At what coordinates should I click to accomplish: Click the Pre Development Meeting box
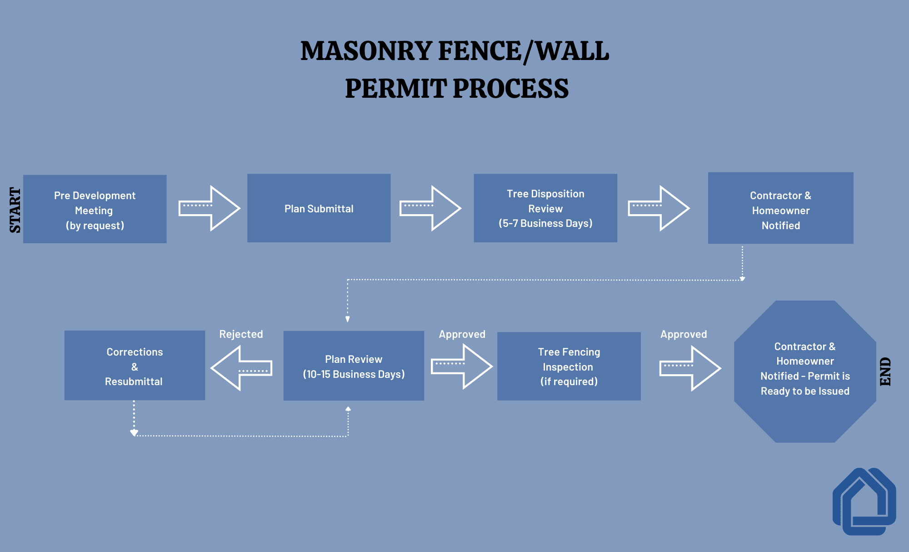click(95, 209)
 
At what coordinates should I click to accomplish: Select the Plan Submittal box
click(319, 208)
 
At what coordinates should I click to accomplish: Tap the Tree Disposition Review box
click(545, 208)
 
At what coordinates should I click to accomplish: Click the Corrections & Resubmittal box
click(135, 366)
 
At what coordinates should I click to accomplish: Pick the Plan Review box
click(354, 366)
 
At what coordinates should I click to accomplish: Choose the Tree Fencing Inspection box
click(569, 366)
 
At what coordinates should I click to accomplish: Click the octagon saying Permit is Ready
click(804, 371)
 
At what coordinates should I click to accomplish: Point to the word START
click(15, 210)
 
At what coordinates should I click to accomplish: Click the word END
click(885, 371)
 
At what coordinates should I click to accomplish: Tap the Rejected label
click(241, 334)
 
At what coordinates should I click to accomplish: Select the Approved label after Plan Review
click(462, 334)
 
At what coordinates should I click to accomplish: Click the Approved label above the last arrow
click(684, 334)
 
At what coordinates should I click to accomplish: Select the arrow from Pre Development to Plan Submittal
click(209, 208)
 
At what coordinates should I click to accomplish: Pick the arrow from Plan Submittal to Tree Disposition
click(430, 208)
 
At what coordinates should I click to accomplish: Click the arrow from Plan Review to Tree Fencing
click(461, 366)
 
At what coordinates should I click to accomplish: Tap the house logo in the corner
click(864, 501)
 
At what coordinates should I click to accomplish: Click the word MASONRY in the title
click(366, 51)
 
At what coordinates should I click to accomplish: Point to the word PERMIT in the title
click(395, 88)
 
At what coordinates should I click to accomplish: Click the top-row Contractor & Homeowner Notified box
click(780, 208)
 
